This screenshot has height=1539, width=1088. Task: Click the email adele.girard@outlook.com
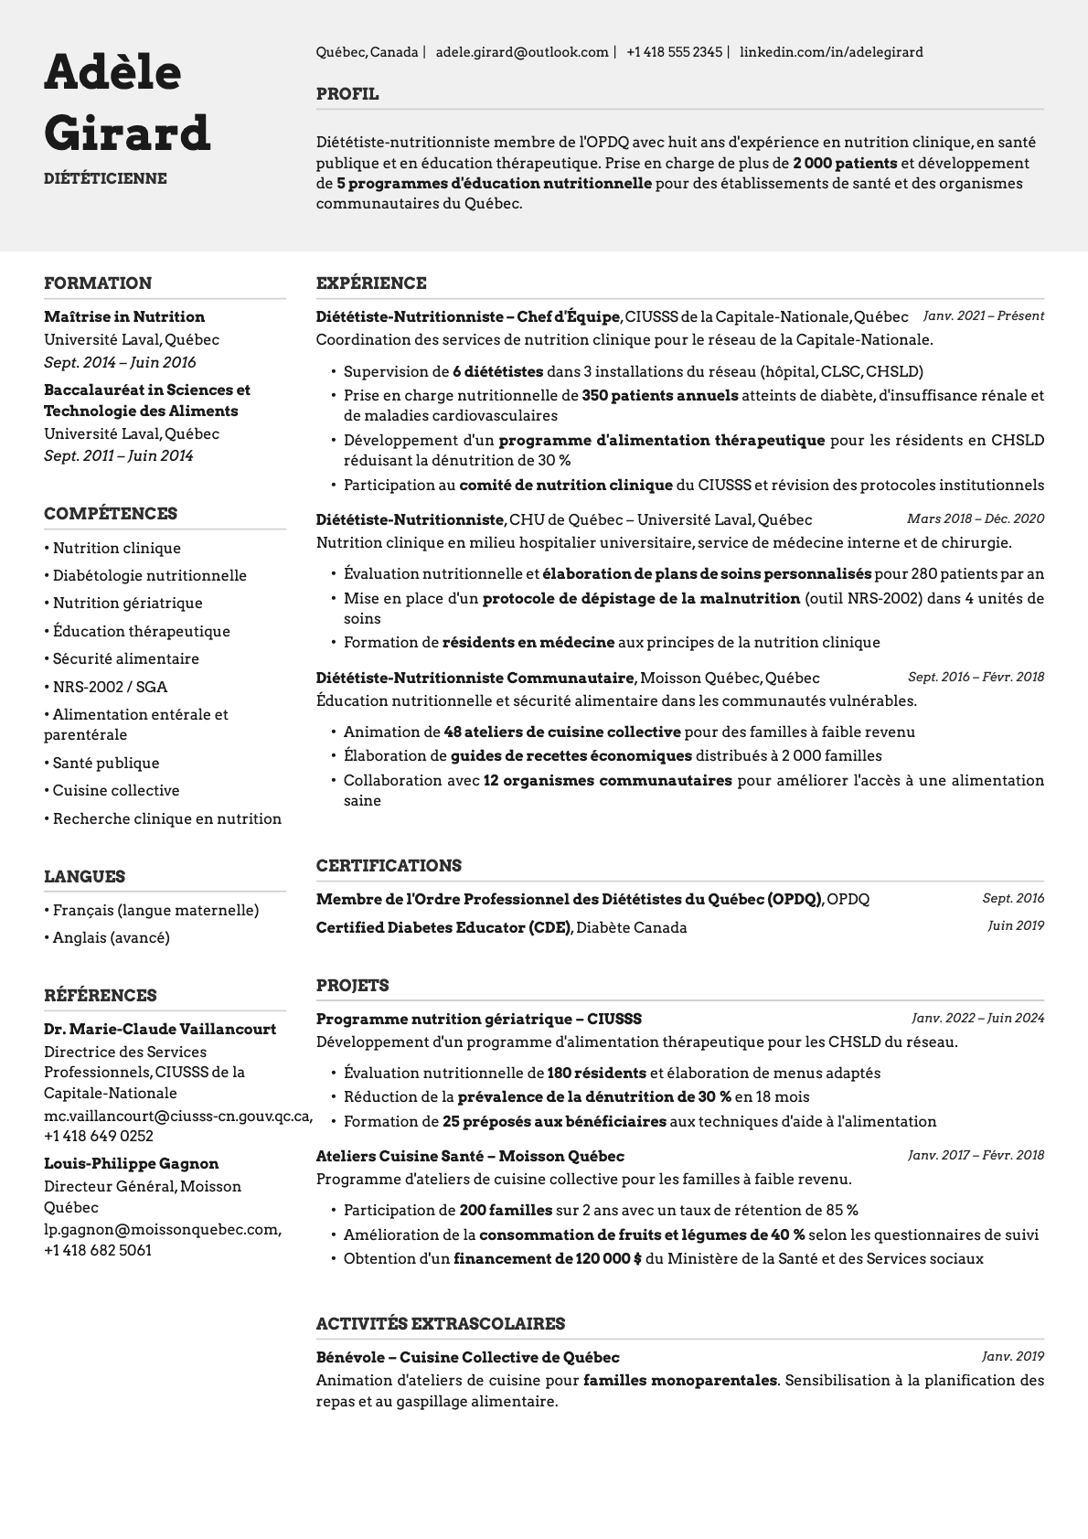coord(521,52)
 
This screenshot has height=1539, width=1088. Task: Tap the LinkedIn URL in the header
coord(830,52)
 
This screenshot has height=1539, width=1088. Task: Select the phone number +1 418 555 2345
coord(674,52)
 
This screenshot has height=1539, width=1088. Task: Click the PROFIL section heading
coord(347,94)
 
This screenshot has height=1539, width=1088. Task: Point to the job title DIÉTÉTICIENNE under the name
coord(105,178)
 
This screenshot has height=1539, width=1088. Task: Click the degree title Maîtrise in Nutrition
coord(124,316)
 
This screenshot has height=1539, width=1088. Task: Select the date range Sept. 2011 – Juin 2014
coord(119,455)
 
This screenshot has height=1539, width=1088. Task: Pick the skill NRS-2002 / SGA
coord(110,687)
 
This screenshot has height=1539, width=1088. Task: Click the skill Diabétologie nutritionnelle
coord(149,575)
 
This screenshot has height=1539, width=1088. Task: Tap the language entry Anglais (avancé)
coord(111,937)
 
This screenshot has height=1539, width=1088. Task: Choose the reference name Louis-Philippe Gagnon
coord(131,1163)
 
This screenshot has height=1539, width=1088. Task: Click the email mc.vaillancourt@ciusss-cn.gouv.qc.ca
coord(177,1116)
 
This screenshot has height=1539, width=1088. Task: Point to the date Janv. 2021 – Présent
coord(983,315)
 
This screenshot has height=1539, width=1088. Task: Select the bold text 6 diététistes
coord(496,371)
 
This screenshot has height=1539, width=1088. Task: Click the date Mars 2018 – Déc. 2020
coord(975,518)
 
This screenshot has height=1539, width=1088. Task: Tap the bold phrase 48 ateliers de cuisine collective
coord(561,732)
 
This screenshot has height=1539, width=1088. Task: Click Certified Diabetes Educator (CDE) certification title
coord(443,927)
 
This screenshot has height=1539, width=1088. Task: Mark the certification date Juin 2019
coord(1015,925)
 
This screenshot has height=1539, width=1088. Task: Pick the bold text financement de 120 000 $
coord(547,1258)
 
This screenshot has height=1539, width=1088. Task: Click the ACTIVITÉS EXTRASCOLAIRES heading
coord(440,1323)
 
